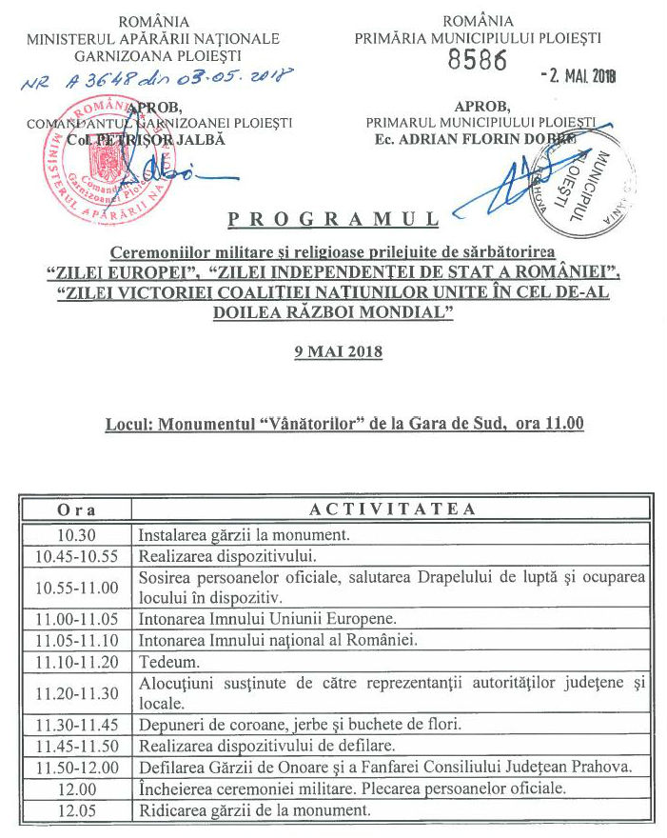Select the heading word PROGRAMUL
333,221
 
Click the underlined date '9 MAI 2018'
338,351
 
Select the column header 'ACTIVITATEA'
392,509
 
